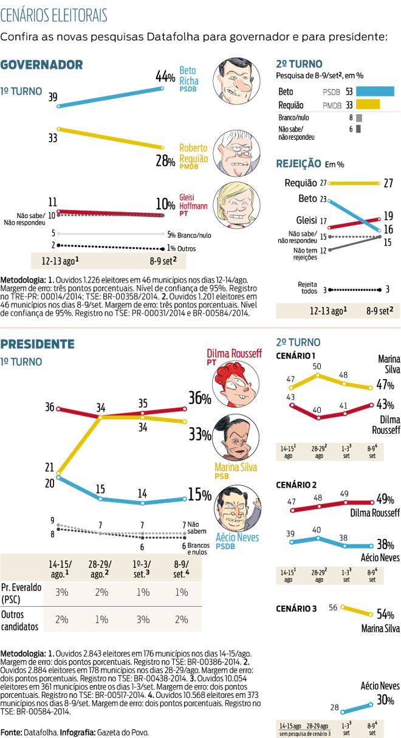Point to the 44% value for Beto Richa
(x=165, y=77)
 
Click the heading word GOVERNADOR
(x=41, y=65)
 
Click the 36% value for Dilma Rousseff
(x=199, y=398)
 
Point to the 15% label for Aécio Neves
(x=199, y=495)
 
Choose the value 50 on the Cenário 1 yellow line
(x=317, y=366)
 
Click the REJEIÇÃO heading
(x=298, y=163)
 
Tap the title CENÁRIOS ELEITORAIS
(x=54, y=15)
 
